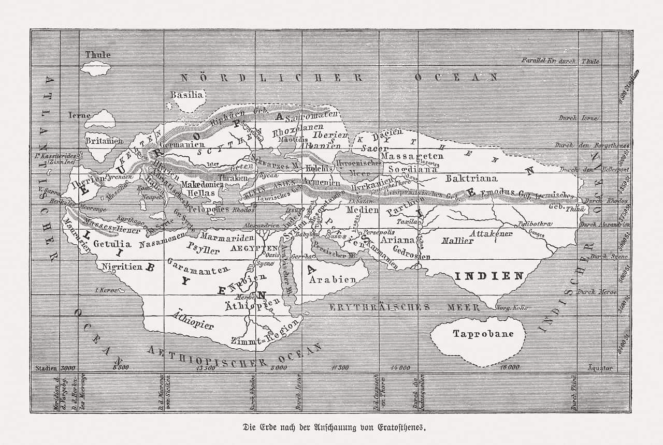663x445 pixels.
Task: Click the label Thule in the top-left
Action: pos(98,54)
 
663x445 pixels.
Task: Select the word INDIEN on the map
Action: pos(489,276)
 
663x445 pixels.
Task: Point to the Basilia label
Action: pos(186,95)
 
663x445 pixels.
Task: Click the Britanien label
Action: pos(104,141)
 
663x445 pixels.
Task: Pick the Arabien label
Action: pos(333,279)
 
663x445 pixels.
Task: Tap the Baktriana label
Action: pos(471,178)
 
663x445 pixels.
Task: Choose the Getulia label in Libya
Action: pos(112,244)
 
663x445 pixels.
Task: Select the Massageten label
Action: pos(412,156)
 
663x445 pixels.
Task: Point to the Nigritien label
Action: pos(122,267)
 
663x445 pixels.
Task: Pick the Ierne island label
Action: pos(79,115)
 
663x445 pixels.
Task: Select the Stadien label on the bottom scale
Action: pos(45,368)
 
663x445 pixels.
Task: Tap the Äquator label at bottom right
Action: pos(600,368)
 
